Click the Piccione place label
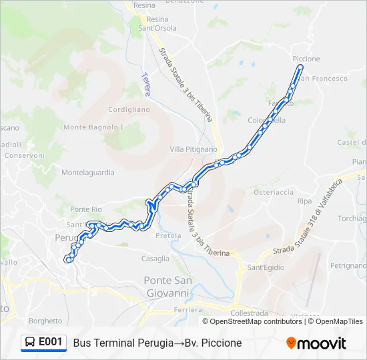point(306,59)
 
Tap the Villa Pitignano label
point(194,149)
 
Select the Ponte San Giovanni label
point(167,286)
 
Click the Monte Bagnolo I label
point(94,127)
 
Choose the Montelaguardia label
point(88,172)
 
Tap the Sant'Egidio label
point(266,267)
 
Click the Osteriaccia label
point(273,192)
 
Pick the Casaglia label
point(155,258)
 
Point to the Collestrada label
point(248,313)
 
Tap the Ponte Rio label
point(85,209)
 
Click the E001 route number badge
point(51,342)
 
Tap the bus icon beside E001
point(30,342)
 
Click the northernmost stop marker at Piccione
point(300,67)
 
